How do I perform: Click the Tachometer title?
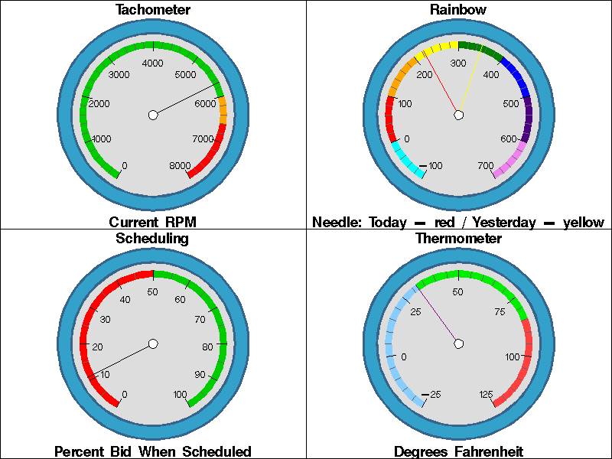tap(153, 10)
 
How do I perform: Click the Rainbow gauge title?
tap(458, 10)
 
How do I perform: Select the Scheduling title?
tap(152, 238)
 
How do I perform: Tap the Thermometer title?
tap(458, 238)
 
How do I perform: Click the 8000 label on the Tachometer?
tap(181, 166)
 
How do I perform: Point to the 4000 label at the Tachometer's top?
tap(153, 63)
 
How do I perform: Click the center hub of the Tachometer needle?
tap(153, 115)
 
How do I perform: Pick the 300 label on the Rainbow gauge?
tap(458, 63)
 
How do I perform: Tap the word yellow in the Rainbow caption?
tap(584, 223)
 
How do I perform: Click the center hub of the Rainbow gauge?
tap(459, 115)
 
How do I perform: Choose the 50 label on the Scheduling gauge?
tap(153, 292)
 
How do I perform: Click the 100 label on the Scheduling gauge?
tap(181, 395)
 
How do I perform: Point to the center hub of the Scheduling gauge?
tap(153, 344)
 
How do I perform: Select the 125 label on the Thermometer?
tap(485, 395)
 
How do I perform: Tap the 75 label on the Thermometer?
tap(500, 311)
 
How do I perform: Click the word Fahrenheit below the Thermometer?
tap(485, 451)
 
